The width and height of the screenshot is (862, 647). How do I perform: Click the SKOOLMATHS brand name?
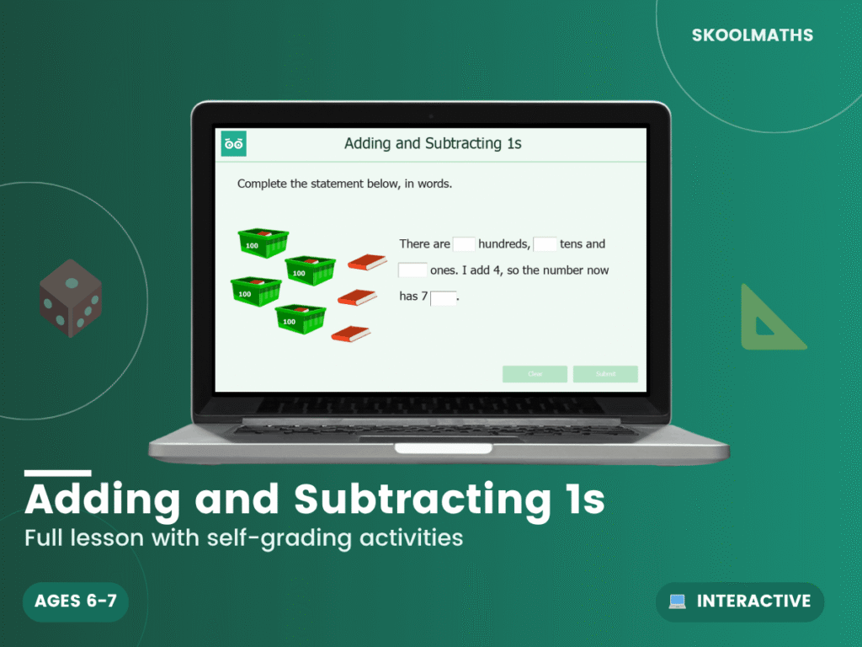(752, 35)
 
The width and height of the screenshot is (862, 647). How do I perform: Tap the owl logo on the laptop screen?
(233, 144)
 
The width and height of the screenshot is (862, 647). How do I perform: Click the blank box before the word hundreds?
(464, 244)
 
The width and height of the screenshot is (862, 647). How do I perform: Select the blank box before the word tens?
(545, 244)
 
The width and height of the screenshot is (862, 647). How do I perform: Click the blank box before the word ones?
(412, 270)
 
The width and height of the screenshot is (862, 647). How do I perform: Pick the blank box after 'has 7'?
(443, 297)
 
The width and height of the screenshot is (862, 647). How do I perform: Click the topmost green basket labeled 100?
(263, 243)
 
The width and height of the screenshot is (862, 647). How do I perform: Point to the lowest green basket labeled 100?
(300, 318)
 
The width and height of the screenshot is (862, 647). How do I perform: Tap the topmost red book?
(367, 262)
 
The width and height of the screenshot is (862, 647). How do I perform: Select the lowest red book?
(351, 334)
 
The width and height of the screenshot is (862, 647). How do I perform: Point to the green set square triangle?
(769, 321)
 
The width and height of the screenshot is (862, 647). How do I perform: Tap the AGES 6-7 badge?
(76, 602)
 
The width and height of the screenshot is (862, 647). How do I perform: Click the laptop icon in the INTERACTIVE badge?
(677, 602)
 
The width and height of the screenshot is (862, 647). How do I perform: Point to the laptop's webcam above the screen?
(431, 115)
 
